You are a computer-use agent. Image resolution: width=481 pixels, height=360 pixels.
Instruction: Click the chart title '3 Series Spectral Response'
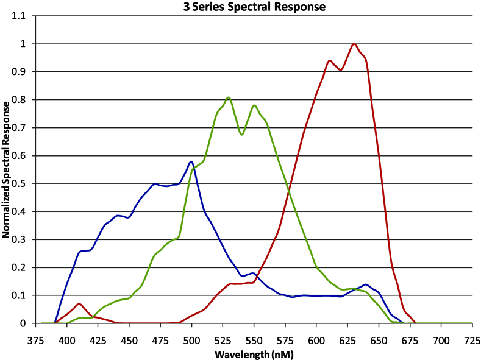click(254, 7)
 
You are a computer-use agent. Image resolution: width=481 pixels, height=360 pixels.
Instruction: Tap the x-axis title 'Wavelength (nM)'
click(254, 355)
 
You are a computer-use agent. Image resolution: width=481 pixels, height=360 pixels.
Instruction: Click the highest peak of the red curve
click(354, 44)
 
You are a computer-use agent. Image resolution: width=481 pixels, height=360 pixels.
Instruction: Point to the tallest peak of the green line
click(228, 97)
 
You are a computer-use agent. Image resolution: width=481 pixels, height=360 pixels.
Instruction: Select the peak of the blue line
click(191, 162)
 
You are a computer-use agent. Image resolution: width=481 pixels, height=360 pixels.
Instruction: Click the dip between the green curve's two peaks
click(241, 133)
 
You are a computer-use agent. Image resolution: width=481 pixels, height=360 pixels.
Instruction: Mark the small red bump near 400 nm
click(79, 304)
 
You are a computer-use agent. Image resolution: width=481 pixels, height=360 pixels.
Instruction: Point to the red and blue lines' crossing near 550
click(256, 278)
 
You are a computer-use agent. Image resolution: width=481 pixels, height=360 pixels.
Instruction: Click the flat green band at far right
click(448, 316)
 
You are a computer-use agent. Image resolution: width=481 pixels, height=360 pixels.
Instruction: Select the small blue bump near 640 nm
click(366, 284)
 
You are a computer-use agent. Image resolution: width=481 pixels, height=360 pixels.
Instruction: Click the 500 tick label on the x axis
click(191, 341)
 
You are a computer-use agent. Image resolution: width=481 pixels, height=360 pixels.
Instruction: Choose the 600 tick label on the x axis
click(316, 341)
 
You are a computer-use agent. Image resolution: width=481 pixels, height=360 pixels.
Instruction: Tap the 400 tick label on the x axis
click(67, 341)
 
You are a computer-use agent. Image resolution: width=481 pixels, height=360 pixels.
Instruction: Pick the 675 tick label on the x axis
click(410, 341)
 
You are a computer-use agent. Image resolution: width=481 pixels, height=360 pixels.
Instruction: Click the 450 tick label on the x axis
click(129, 341)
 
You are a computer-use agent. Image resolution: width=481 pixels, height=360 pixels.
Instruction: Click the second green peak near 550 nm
click(254, 105)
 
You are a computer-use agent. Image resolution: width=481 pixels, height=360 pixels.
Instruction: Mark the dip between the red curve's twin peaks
click(341, 69)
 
